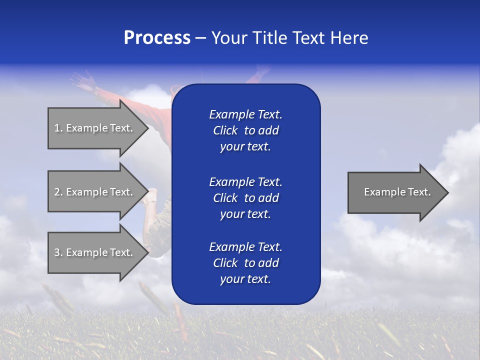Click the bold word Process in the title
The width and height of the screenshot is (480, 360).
157,38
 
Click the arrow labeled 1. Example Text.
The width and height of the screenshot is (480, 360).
95,128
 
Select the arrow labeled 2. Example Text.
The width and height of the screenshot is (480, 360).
95,192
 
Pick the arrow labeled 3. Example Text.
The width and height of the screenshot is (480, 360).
95,252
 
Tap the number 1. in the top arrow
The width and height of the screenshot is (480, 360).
58,128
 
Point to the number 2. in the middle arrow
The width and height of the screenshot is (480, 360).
58,192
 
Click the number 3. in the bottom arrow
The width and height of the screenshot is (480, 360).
58,252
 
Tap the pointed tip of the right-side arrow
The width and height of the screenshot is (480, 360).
447,192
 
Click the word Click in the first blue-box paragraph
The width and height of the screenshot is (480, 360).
225,130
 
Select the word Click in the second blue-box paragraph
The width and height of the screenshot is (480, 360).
225,198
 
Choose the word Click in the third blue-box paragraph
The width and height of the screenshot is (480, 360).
225,263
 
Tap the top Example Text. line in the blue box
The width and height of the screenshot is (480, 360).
245,114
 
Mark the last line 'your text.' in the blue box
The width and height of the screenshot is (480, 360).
245,279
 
